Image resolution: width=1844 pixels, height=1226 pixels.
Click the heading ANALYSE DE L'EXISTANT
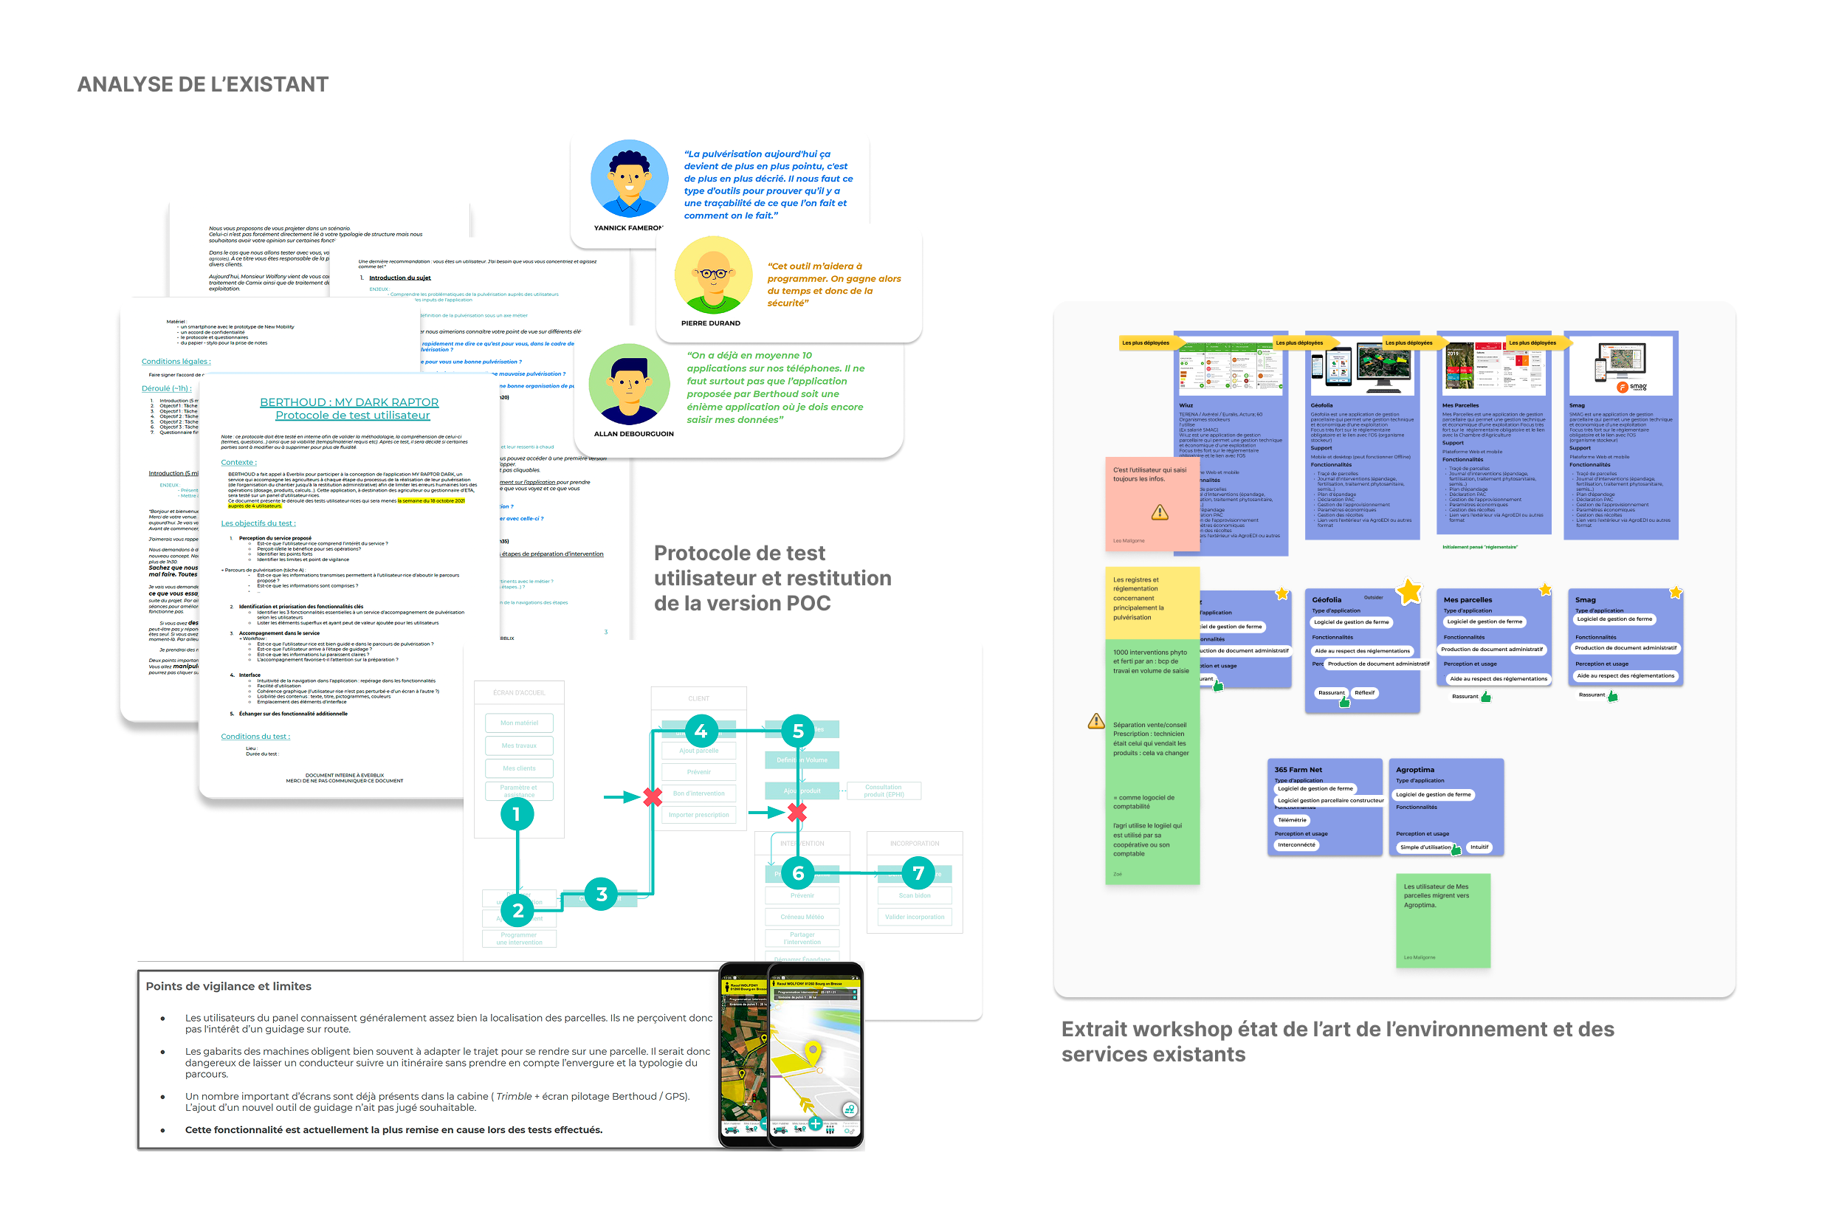[x=202, y=84]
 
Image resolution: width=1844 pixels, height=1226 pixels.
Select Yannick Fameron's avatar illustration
[x=629, y=179]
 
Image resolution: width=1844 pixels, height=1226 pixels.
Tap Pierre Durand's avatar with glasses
[x=712, y=275]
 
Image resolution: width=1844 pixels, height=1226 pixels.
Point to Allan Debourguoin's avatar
[x=629, y=384]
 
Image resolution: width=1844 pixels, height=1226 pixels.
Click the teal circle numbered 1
[x=516, y=815]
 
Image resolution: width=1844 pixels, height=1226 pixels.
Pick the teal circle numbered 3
[x=601, y=895]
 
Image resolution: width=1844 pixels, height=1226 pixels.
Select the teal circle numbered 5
[x=798, y=731]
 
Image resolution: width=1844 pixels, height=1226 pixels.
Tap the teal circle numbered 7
[x=918, y=873]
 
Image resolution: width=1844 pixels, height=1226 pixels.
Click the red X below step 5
[x=797, y=813]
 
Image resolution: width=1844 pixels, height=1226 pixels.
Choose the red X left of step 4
[x=653, y=796]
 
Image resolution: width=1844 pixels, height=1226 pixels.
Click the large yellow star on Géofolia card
[x=1409, y=592]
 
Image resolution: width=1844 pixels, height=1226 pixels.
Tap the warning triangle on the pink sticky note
[x=1159, y=512]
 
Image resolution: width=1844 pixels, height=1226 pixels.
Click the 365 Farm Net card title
[x=1298, y=769]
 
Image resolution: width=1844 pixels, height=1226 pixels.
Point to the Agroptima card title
[x=1414, y=769]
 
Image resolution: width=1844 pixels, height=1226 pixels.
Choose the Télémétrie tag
[x=1292, y=820]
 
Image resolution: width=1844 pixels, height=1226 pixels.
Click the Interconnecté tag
[x=1296, y=844]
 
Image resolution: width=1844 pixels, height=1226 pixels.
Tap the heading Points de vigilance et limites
[x=228, y=986]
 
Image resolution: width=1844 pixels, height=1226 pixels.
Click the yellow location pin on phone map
[x=813, y=1052]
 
